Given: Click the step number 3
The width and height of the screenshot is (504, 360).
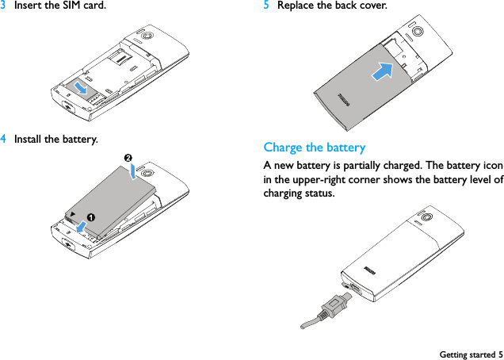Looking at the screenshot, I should pyautogui.click(x=4, y=6).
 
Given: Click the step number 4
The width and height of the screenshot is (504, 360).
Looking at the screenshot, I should pyautogui.click(x=4, y=140).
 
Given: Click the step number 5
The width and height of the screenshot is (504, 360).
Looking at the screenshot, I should pyautogui.click(x=266, y=6).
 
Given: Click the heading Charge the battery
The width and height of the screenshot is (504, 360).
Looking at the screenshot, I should pyautogui.click(x=314, y=147).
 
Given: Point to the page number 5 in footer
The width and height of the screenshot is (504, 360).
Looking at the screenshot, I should pyautogui.click(x=500, y=354).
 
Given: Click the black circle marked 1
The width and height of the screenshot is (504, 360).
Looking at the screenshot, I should pyautogui.click(x=92, y=216).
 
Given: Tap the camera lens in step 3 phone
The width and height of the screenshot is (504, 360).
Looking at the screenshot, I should pyautogui.click(x=147, y=36).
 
